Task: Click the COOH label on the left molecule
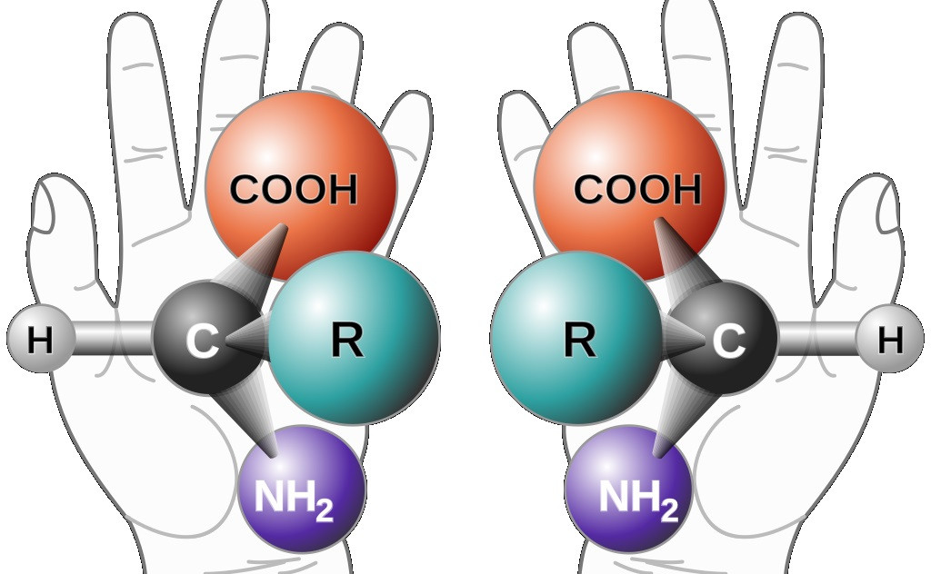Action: click(294, 189)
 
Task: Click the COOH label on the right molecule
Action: click(637, 189)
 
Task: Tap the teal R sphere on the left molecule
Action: click(355, 338)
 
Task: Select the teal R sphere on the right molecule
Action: click(576, 338)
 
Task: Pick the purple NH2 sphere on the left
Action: click(302, 489)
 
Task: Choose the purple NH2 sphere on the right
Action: click(628, 489)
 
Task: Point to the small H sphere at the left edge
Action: click(41, 339)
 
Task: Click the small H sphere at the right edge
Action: click(889, 339)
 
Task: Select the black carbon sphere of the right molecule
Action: click(725, 338)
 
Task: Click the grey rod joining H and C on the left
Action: click(114, 339)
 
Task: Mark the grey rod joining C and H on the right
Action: click(816, 339)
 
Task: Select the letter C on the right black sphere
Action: click(728, 341)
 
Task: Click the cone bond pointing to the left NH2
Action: click(246, 415)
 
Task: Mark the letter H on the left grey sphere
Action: click(40, 341)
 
